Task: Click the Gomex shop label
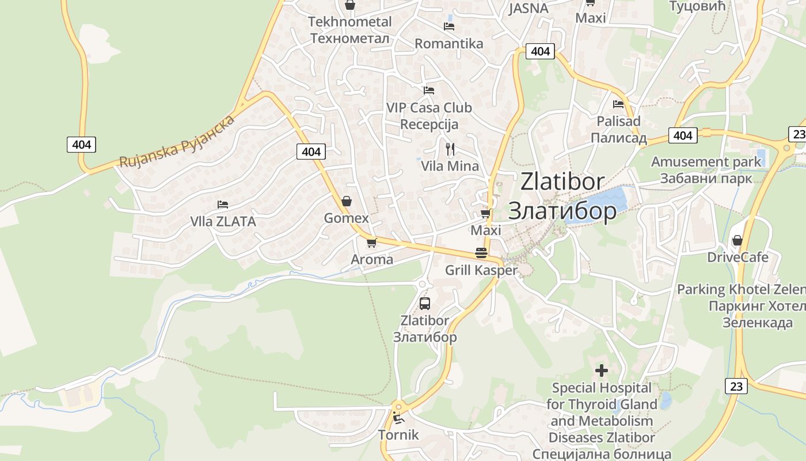tap(346, 218)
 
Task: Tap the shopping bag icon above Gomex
tap(347, 201)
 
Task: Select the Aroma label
tap(372, 259)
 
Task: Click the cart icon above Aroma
tap(372, 243)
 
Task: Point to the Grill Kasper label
tap(481, 270)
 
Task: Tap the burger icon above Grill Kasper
tap(481, 253)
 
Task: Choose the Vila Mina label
tap(450, 166)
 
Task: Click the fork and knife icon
tap(450, 149)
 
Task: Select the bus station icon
tap(425, 304)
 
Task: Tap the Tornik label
tap(398, 434)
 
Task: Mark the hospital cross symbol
tap(602, 371)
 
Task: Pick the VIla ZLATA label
tap(223, 221)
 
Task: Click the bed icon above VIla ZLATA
tap(223, 205)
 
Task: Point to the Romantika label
tap(449, 43)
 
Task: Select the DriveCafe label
tap(737, 257)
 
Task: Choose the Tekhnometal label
tap(349, 22)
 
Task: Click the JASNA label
tap(529, 8)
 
